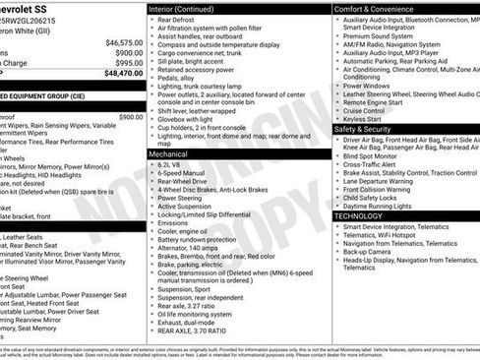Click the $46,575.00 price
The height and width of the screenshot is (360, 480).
pyautogui.click(x=123, y=43)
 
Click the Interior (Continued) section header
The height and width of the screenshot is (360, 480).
pyautogui.click(x=191, y=8)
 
